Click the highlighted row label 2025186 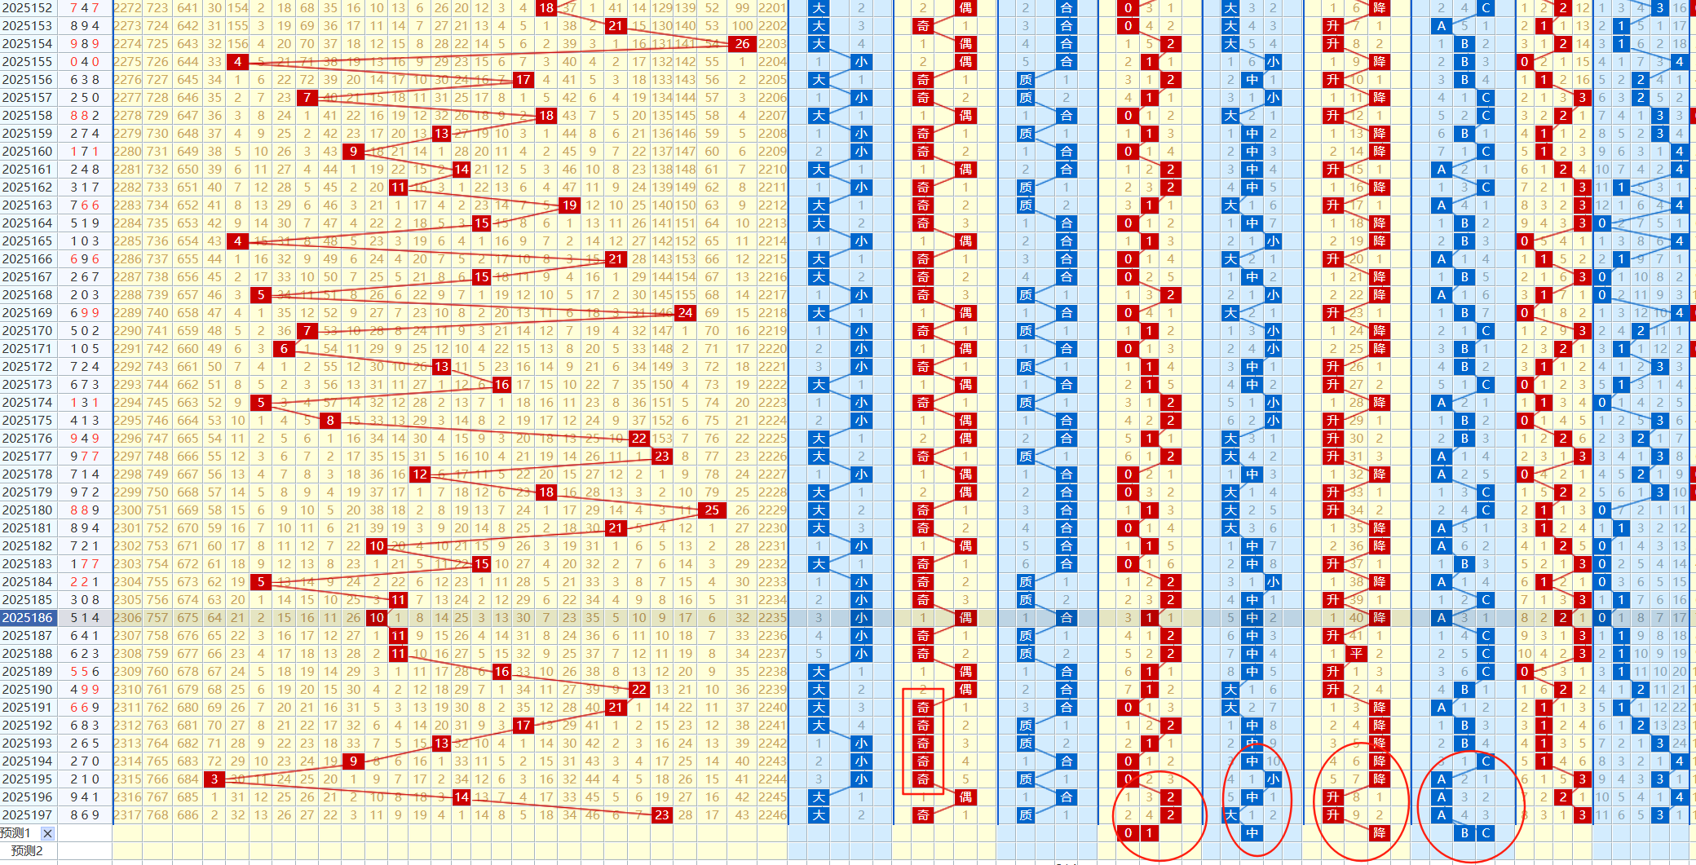28,618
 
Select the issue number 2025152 28,8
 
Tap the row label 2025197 28,815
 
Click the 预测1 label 16,833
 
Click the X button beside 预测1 48,833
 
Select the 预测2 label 27,851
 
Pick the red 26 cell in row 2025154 742,44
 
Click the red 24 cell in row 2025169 685,313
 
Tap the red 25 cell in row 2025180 712,510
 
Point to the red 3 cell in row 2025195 214,779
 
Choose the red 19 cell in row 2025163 569,205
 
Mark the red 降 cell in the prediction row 1379,833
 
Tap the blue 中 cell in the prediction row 1252,833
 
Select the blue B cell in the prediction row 1464,833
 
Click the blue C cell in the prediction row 1486,833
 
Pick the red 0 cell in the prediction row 1128,833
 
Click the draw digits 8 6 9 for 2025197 85,815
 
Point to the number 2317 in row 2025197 127,815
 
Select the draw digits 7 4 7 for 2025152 85,8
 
